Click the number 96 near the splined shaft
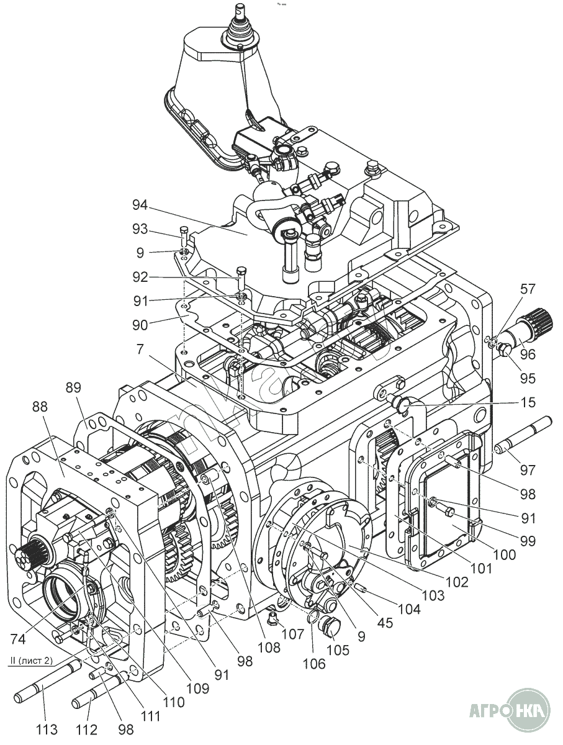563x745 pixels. (x=527, y=354)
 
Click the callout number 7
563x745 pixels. (x=142, y=350)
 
